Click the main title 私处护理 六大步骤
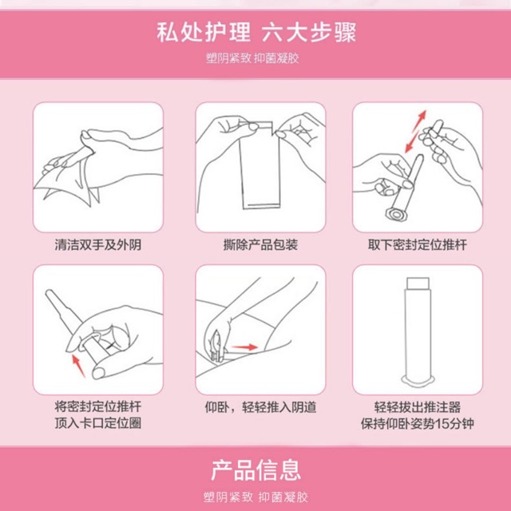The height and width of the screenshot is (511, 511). (256, 32)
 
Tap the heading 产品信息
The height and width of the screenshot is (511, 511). (255, 470)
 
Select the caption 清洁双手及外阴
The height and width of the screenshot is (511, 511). (97, 245)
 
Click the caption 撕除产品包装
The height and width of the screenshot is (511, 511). (260, 245)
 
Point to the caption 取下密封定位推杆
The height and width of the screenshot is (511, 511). (418, 245)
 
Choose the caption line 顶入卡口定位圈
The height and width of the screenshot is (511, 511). (97, 423)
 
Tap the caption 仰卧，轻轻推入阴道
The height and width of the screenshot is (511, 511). (260, 407)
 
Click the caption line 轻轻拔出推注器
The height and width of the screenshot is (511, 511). (418, 407)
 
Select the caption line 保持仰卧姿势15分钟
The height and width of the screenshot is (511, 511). (418, 423)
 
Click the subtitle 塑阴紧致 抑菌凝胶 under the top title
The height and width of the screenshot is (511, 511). (252, 58)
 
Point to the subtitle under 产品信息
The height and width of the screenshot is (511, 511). (255, 497)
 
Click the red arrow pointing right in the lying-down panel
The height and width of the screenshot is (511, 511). (244, 347)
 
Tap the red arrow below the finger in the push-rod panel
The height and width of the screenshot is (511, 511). (78, 366)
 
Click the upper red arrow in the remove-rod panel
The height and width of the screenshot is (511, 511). (419, 121)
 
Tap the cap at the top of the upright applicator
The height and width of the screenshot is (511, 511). (418, 283)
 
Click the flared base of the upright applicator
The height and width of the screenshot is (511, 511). (418, 380)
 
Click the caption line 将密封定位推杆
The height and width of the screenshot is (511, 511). (97, 407)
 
